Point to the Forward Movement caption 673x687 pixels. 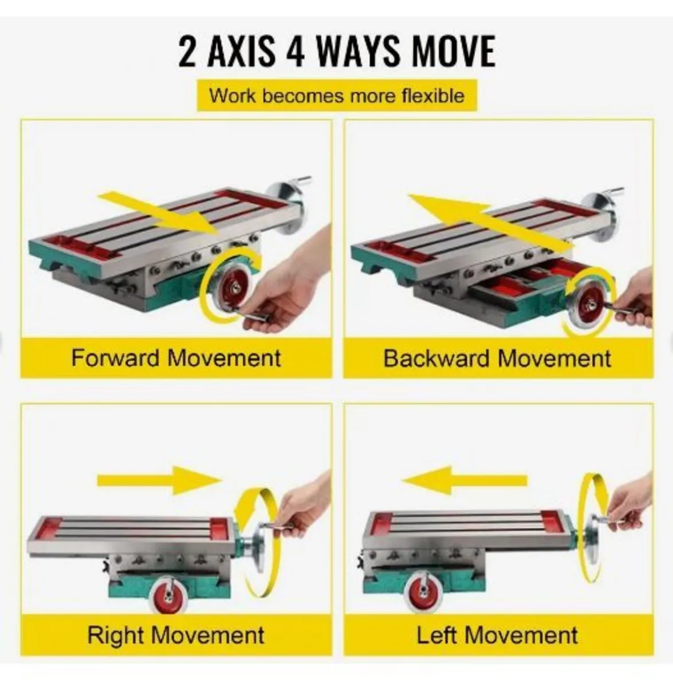click(176, 358)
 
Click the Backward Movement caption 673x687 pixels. click(497, 358)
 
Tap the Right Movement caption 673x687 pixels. click(176, 635)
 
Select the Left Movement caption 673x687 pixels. click(497, 635)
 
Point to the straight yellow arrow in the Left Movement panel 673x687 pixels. click(465, 480)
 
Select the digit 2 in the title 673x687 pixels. click(187, 51)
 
